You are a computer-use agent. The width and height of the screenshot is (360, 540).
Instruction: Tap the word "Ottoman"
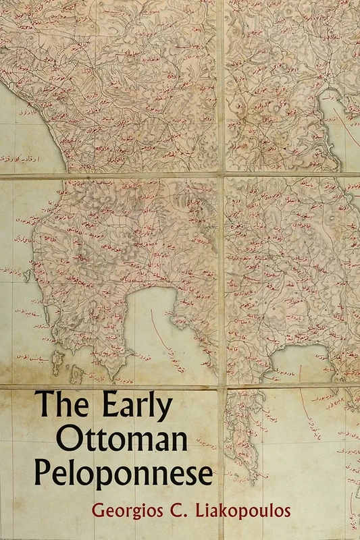point(113,441)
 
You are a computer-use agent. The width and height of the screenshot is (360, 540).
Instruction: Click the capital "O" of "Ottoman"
point(69,441)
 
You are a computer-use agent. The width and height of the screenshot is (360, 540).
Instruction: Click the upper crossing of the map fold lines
point(220,175)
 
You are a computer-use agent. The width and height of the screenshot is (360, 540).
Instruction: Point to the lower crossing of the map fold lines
point(221,387)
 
